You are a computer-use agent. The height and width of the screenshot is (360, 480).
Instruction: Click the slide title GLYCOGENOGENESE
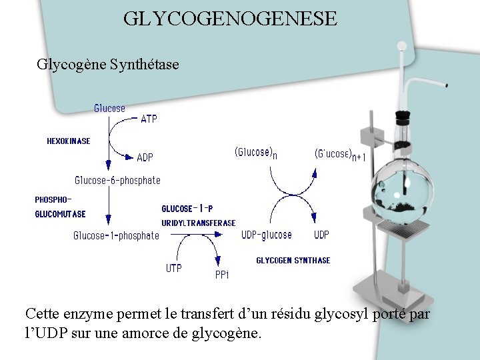(x=230, y=18)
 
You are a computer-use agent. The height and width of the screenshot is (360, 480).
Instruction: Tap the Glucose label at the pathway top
(x=109, y=108)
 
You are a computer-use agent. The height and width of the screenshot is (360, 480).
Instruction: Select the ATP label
(x=149, y=119)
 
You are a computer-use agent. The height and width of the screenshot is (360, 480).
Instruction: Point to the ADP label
(x=145, y=157)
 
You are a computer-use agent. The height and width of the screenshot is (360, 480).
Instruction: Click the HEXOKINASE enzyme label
(x=69, y=141)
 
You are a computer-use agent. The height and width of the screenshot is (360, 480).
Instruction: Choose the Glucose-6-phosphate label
(x=117, y=180)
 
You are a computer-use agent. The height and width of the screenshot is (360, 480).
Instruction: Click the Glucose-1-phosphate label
(x=116, y=235)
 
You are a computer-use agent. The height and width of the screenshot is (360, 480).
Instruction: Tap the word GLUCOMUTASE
(x=60, y=214)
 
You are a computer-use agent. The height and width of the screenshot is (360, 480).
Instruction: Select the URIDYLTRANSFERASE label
(x=199, y=223)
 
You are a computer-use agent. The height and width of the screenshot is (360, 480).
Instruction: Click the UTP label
(x=173, y=268)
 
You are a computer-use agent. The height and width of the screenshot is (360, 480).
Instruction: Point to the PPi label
(x=222, y=275)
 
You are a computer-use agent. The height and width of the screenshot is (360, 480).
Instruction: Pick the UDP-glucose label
(x=266, y=235)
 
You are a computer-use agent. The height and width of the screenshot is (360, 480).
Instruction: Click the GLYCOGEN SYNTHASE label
(x=293, y=261)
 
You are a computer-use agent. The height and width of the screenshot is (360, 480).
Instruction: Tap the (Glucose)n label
(x=255, y=153)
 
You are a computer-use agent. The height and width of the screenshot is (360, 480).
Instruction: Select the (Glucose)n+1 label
(x=340, y=155)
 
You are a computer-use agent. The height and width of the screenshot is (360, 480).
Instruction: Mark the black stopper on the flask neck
(x=402, y=119)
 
